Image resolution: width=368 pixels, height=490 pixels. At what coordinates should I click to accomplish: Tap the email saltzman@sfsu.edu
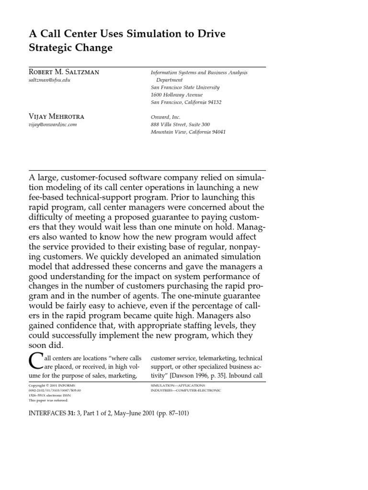tap(50, 80)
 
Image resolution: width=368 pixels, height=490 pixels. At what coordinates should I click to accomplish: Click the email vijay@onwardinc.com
tap(53, 124)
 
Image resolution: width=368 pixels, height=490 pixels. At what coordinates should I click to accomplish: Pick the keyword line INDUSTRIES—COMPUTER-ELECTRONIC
tap(185, 390)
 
